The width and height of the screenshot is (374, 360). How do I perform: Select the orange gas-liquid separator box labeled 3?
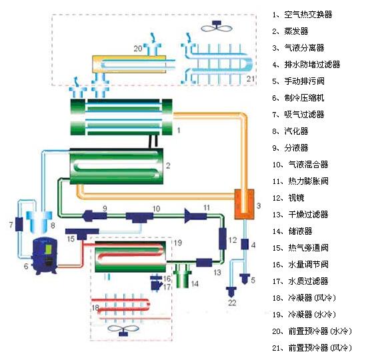pyautogui.click(x=244, y=204)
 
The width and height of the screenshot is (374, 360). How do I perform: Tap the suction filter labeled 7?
pyautogui.click(x=19, y=224)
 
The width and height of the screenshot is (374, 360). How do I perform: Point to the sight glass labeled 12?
pyautogui.click(x=222, y=238)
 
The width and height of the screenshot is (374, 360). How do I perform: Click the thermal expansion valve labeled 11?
pyautogui.click(x=195, y=216)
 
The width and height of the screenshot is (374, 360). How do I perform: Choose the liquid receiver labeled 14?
pyautogui.click(x=183, y=275)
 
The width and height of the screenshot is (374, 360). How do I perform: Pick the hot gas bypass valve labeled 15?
pyautogui.click(x=82, y=233)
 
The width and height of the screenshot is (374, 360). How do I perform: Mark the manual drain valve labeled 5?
pyautogui.click(x=245, y=279)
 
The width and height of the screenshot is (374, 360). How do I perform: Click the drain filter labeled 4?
pyautogui.click(x=245, y=245)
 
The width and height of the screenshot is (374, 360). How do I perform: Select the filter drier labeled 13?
pyautogui.click(x=204, y=263)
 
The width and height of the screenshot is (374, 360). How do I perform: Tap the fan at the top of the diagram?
pyautogui.click(x=217, y=26)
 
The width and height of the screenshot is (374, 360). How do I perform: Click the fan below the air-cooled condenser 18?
pyautogui.click(x=123, y=330)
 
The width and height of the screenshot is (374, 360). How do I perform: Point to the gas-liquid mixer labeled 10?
pyautogui.click(x=139, y=217)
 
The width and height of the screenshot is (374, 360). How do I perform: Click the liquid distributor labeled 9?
pyautogui.click(x=95, y=215)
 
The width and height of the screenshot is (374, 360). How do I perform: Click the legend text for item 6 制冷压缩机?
pyautogui.click(x=298, y=98)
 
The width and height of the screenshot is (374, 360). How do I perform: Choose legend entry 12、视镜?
pyautogui.click(x=288, y=198)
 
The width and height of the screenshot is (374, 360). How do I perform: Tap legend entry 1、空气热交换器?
pyautogui.click(x=302, y=15)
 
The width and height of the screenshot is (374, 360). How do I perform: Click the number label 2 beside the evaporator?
pyautogui.click(x=168, y=165)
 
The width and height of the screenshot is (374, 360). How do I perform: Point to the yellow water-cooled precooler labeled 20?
pyautogui.click(x=129, y=64)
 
